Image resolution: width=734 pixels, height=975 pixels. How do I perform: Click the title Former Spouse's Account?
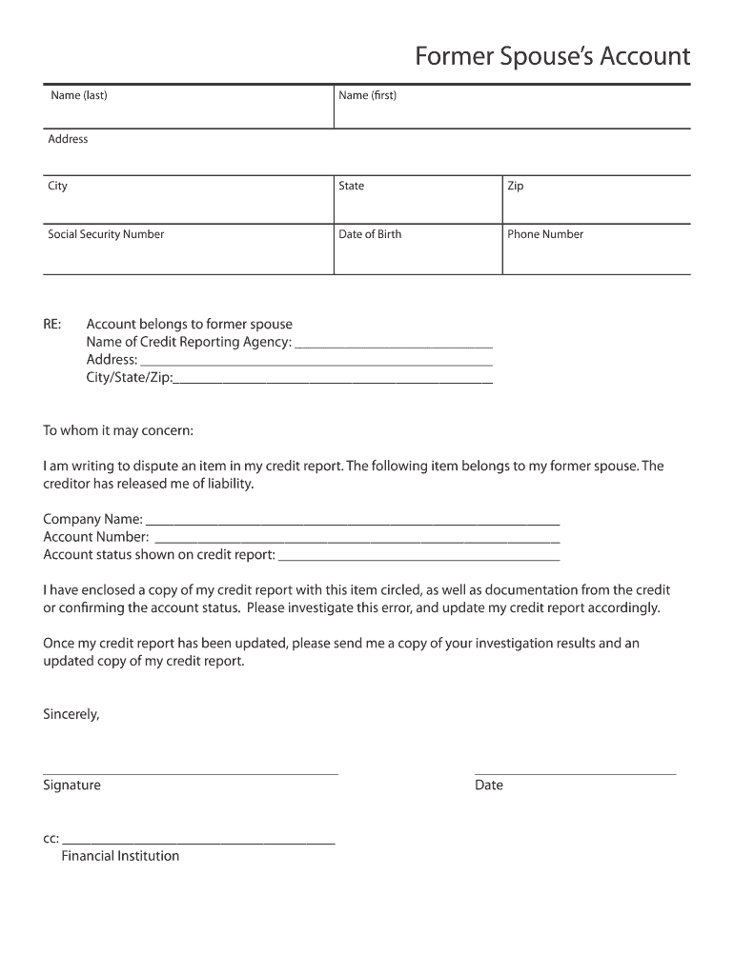click(x=552, y=57)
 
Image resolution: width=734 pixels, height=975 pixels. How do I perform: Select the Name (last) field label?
click(x=79, y=95)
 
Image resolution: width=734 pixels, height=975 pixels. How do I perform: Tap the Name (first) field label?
click(x=367, y=95)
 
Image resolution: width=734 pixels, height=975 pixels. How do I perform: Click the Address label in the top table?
click(x=68, y=139)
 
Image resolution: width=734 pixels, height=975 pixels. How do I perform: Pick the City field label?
click(x=58, y=186)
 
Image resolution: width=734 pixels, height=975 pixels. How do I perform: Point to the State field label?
click(x=351, y=186)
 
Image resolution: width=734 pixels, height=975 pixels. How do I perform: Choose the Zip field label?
click(x=515, y=186)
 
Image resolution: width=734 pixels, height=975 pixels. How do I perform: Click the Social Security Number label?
click(x=106, y=234)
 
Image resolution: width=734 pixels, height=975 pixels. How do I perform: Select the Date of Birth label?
click(x=370, y=234)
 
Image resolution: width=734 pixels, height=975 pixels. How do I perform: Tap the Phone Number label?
click(x=545, y=234)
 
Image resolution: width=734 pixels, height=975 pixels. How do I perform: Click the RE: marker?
click(x=51, y=325)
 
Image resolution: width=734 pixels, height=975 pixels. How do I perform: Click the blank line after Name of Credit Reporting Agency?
click(x=394, y=346)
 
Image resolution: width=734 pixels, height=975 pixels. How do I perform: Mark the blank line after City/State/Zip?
click(x=333, y=381)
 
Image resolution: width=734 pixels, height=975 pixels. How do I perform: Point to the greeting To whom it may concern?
click(x=118, y=430)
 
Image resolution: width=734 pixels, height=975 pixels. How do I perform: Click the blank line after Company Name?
click(x=352, y=523)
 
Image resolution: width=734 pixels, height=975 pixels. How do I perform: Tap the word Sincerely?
click(x=71, y=713)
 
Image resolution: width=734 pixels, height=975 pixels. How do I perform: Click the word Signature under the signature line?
click(x=71, y=786)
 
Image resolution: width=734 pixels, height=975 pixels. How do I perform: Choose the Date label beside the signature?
click(x=489, y=786)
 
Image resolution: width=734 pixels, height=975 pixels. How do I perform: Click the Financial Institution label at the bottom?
click(x=120, y=856)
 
